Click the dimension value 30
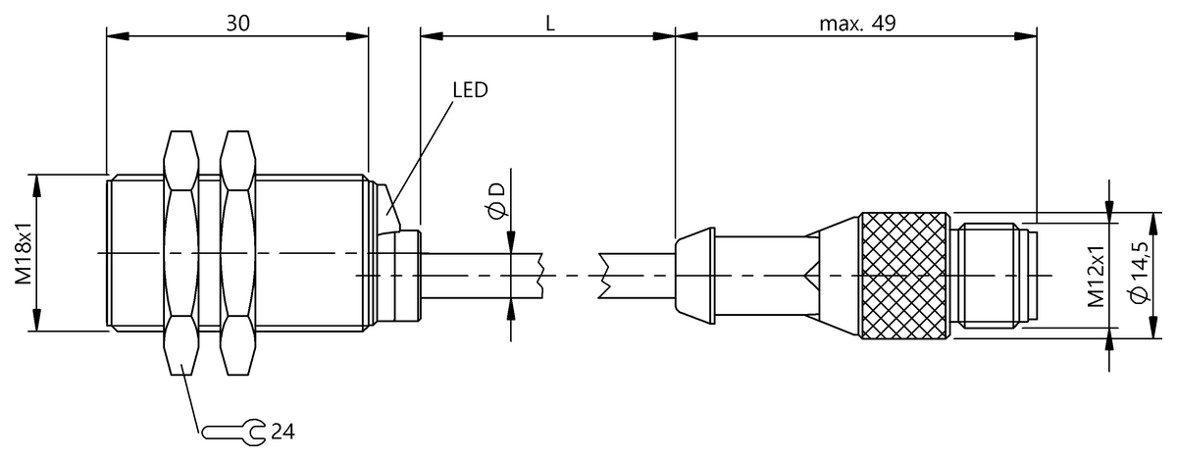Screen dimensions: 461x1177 (x=236, y=23)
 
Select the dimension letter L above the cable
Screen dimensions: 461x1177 (x=549, y=23)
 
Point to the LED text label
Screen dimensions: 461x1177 (x=470, y=90)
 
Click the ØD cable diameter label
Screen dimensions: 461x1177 (x=496, y=201)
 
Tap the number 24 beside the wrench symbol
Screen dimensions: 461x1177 (x=282, y=430)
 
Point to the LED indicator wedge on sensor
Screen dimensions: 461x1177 (x=392, y=205)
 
